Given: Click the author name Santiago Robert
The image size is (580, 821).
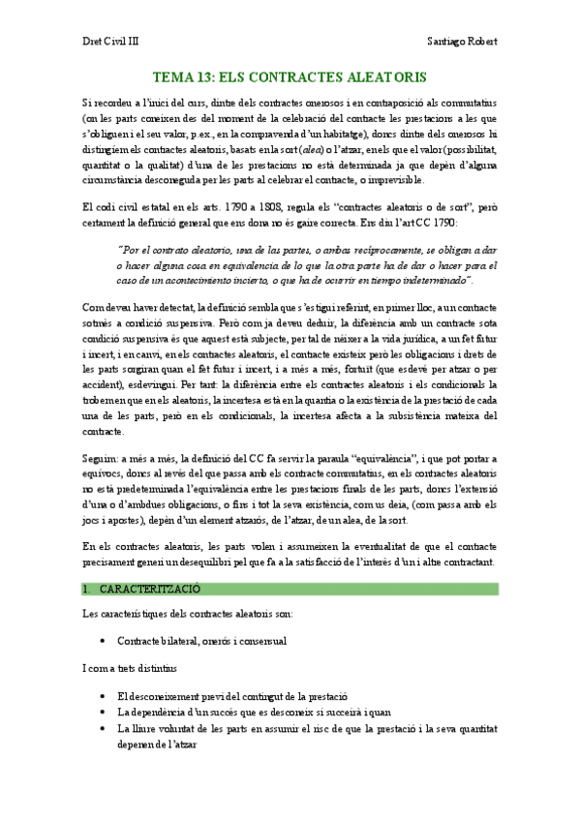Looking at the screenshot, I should click(462, 42).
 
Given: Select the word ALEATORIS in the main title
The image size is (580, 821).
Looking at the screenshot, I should click(380, 76).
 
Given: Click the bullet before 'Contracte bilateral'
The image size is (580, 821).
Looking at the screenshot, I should click(104, 642).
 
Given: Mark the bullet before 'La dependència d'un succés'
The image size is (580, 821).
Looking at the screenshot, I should click(104, 713).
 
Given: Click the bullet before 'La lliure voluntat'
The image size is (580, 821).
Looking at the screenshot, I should click(104, 728).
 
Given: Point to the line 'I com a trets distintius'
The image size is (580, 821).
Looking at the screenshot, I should click(132, 669).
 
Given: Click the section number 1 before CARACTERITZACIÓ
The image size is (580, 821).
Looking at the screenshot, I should click(85, 588).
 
